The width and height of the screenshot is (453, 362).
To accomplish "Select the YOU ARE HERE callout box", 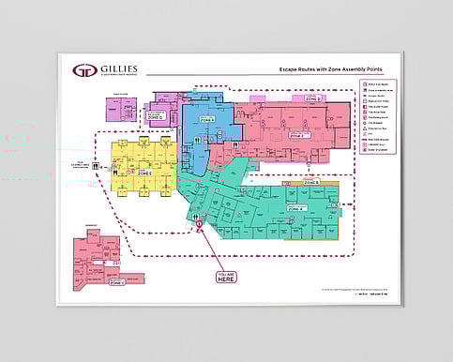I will tap(224, 278).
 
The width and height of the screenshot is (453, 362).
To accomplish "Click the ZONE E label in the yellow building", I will tap(144, 173).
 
